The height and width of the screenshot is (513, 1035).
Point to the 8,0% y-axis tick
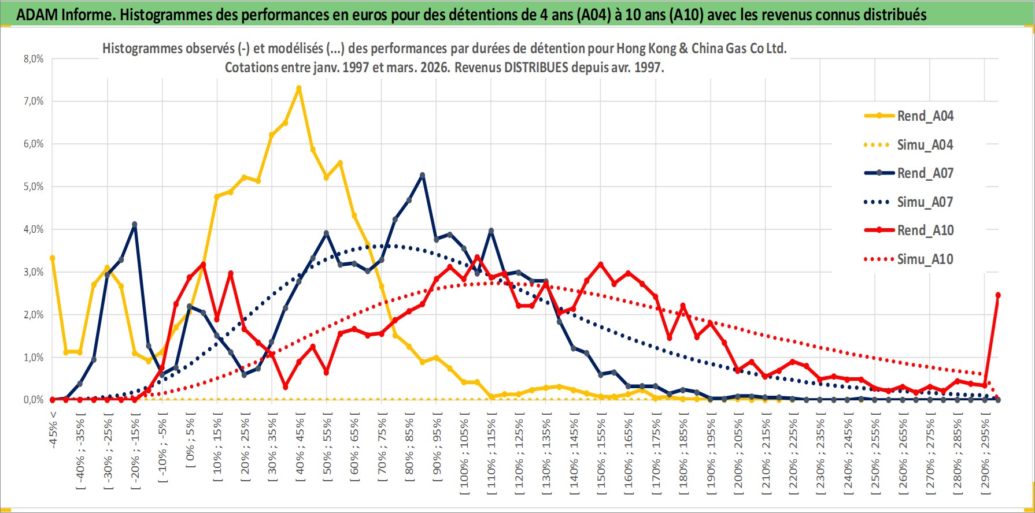coord(34,59)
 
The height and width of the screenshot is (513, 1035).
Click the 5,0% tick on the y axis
coord(34,187)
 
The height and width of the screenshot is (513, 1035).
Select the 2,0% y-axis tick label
coord(34,315)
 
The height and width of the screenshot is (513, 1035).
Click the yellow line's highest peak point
coord(299,88)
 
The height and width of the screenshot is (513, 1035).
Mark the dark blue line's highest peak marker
coord(422,175)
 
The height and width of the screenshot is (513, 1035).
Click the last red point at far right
coord(998,295)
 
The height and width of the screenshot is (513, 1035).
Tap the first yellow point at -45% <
coord(53,258)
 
